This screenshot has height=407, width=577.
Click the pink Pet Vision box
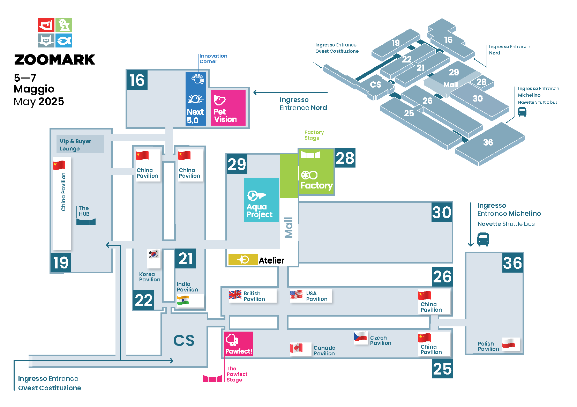[x=228, y=108]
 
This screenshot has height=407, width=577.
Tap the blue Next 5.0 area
[x=196, y=99]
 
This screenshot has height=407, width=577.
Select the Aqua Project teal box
[x=261, y=200]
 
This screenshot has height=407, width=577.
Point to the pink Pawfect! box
[x=239, y=344]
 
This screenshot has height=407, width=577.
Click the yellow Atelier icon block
[x=243, y=259]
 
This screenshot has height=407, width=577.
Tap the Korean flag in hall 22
[x=154, y=254]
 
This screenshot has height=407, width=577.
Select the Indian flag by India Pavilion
[x=183, y=300]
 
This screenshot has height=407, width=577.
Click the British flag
[x=235, y=295]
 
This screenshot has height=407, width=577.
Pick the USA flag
[x=296, y=295]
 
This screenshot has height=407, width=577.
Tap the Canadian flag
[x=296, y=348]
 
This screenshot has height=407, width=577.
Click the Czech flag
[x=360, y=336]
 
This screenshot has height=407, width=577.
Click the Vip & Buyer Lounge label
[x=75, y=145]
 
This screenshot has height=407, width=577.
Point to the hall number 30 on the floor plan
[x=442, y=212]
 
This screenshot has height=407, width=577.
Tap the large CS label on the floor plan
[x=183, y=340]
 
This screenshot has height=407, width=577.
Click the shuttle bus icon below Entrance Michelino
[x=483, y=239]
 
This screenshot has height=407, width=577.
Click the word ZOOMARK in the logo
[x=55, y=60]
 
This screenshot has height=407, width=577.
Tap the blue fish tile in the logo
[x=64, y=40]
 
